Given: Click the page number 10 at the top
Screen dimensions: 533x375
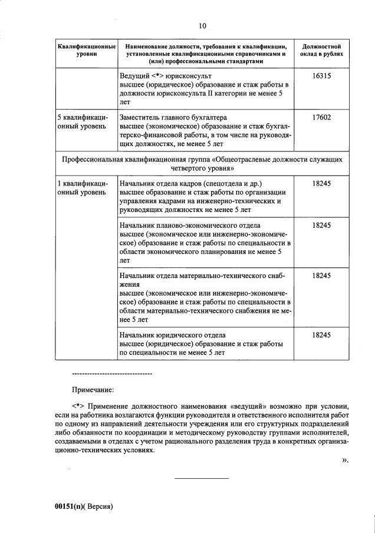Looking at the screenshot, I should tap(202, 25).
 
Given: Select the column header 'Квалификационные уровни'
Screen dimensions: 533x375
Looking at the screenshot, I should tap(86, 50).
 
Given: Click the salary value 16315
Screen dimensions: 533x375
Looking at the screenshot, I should tap(321, 77).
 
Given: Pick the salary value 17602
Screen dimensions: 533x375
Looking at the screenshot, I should tap(321, 117).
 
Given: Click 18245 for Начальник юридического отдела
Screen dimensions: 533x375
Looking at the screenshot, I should tap(321, 335).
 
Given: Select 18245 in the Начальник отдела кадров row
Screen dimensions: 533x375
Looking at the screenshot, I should tap(321, 183).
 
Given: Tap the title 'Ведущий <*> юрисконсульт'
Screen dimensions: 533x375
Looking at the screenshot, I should tap(165, 77).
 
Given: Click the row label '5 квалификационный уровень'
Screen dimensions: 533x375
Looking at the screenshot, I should tap(82, 121).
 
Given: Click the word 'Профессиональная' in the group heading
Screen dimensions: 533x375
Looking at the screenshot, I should tap(92, 159).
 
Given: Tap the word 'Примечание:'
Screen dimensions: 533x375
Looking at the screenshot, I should tap(93, 389).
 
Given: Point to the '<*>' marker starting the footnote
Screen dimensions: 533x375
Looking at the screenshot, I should tap(78, 406).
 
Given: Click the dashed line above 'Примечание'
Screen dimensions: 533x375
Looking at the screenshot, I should tap(111, 374).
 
